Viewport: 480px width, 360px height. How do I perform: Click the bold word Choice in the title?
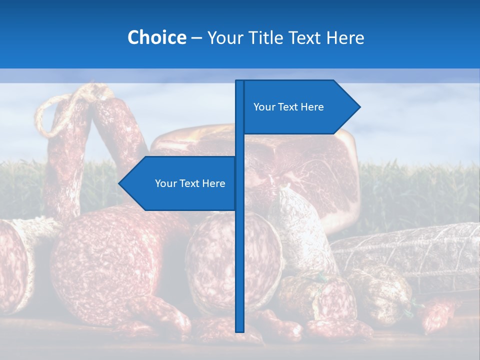point(156,37)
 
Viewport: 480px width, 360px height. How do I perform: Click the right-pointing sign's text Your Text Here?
point(288,107)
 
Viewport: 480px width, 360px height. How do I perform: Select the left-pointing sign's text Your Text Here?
point(190,183)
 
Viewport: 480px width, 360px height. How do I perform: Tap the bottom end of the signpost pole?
point(239,330)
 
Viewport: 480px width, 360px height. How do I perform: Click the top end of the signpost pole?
point(239,81)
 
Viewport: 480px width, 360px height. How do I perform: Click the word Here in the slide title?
point(345,37)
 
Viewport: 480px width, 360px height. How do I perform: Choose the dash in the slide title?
point(196,38)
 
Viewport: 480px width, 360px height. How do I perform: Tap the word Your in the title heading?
point(224,37)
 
